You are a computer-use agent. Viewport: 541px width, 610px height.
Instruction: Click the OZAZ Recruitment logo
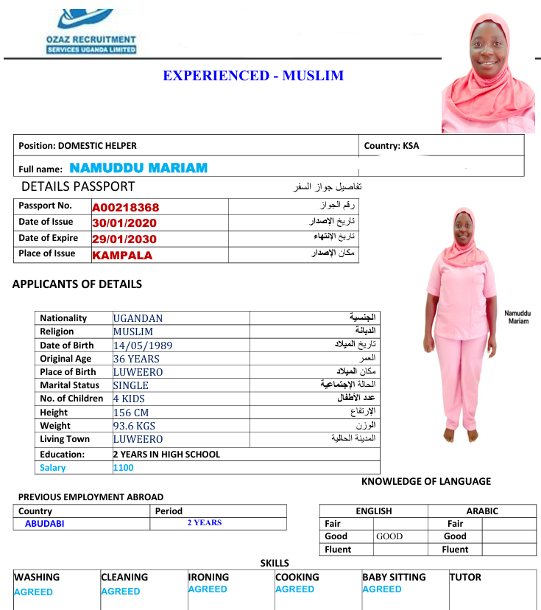[x=91, y=29]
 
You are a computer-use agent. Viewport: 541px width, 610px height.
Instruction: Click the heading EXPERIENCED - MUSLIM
[x=253, y=76]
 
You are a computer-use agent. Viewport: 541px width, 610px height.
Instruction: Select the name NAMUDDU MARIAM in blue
[x=138, y=168]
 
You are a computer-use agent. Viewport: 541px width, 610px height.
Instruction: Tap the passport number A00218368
[x=125, y=208]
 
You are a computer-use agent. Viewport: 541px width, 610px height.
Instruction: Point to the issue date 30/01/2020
[x=124, y=223]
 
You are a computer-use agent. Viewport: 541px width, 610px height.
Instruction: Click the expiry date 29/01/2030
[x=124, y=239]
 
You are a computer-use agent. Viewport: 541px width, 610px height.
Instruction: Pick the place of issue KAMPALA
[x=122, y=256]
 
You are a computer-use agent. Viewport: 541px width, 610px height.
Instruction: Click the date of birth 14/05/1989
[x=144, y=346]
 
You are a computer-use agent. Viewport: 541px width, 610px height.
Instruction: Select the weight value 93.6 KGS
[x=134, y=426]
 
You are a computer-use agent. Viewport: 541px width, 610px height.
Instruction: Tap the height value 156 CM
[x=131, y=413]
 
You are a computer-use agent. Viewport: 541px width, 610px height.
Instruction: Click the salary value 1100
[x=124, y=468]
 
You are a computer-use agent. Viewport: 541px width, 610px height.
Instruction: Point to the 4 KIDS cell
[x=129, y=399]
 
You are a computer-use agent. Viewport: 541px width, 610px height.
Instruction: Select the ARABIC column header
[x=482, y=511]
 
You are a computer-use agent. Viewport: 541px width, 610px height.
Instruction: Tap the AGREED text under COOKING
[x=294, y=589]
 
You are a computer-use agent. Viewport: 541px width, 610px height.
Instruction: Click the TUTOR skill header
[x=465, y=578]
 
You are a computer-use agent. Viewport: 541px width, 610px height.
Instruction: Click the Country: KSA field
[x=392, y=146]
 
